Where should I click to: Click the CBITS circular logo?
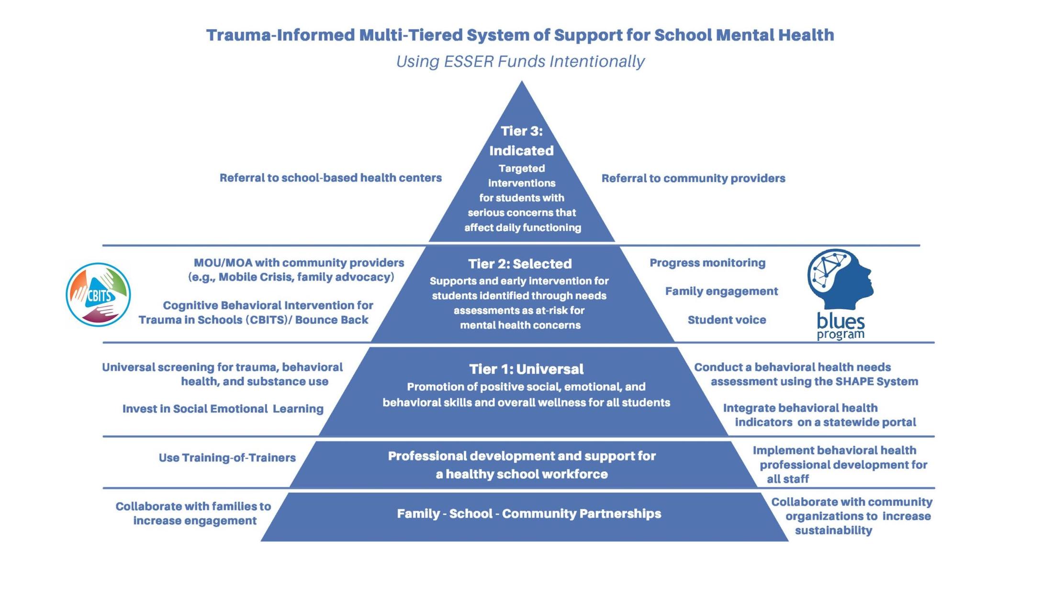98,295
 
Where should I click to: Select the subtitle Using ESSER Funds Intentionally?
520,62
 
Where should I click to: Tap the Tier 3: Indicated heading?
521,141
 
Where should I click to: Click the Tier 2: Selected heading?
520,264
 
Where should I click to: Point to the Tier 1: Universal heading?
526,369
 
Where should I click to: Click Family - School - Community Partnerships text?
529,514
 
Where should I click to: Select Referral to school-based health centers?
330,178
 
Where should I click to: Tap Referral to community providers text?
693,179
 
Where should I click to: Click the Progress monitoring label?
707,263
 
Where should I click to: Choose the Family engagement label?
721,291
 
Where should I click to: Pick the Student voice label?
727,320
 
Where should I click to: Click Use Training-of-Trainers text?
227,458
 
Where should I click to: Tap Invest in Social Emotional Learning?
223,409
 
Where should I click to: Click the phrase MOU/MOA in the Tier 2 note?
223,263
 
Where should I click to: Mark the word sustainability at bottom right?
833,531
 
